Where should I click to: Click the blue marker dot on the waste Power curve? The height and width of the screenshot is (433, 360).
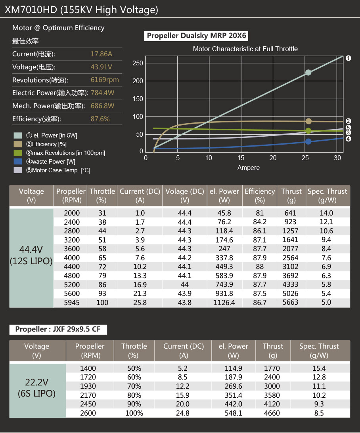coord(308,141)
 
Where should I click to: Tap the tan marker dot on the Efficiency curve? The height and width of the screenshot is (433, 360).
coord(308,121)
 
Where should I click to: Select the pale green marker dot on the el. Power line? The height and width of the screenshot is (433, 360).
coord(308,72)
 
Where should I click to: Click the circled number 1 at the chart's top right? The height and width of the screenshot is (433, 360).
coord(349,58)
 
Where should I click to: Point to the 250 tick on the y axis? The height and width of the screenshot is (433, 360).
coord(138,63)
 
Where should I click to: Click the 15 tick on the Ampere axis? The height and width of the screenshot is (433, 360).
coord(241,158)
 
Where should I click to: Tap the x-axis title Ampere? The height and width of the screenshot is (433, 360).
coord(248,168)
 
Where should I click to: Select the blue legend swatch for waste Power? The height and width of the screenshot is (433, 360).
coord(18,162)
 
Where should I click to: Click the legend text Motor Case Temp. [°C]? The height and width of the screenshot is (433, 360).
coord(61,170)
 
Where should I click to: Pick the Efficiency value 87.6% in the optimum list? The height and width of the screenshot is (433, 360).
coord(100,119)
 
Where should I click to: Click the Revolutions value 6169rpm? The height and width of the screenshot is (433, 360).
coord(105,80)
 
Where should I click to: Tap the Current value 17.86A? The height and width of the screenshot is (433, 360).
coord(101,54)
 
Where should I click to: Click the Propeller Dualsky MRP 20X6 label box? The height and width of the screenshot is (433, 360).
coord(196,36)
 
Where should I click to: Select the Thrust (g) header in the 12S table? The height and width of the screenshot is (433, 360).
coord(291,196)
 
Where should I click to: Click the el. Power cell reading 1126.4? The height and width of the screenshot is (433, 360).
coord(224,303)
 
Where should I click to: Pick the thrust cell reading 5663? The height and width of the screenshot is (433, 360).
coord(290,302)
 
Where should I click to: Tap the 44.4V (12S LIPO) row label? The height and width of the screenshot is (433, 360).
coord(31,255)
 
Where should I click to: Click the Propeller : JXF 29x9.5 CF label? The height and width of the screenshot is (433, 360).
coord(58,329)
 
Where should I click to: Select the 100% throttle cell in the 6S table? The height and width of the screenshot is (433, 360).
coord(134,413)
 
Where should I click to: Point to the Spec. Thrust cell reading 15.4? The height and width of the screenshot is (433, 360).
coord(319,368)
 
